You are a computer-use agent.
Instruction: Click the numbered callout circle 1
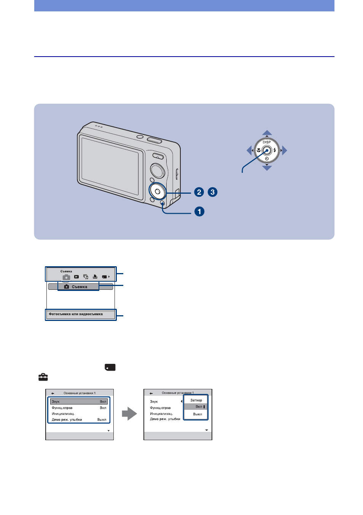199,211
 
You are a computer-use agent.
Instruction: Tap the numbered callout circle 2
199,192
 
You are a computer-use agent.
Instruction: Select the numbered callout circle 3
212,192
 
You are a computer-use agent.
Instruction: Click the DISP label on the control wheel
267,142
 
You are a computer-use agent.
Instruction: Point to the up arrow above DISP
267,133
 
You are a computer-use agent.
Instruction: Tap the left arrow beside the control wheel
249,150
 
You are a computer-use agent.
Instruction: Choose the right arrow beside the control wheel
285,150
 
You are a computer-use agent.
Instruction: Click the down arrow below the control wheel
267,168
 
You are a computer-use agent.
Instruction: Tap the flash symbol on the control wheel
275,150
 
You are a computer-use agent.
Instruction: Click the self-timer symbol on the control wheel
267,159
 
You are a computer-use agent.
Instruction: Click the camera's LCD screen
110,166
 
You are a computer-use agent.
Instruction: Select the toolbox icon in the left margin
43,377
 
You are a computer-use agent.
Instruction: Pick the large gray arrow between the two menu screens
129,414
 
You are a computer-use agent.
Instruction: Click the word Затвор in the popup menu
196,400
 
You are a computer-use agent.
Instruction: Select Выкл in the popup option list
197,414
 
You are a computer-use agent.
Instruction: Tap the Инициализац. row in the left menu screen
63,413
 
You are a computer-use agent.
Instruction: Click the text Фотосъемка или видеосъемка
76,314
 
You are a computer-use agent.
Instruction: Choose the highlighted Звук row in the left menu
79,401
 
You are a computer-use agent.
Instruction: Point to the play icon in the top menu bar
76,277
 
